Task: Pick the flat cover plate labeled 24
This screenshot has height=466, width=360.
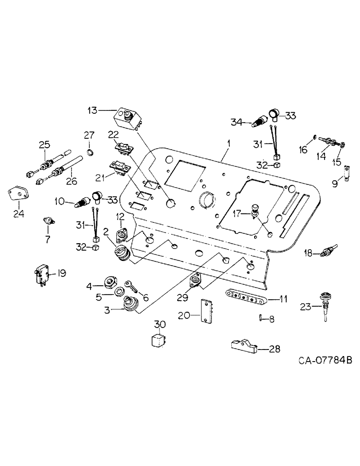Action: point(19,195)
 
